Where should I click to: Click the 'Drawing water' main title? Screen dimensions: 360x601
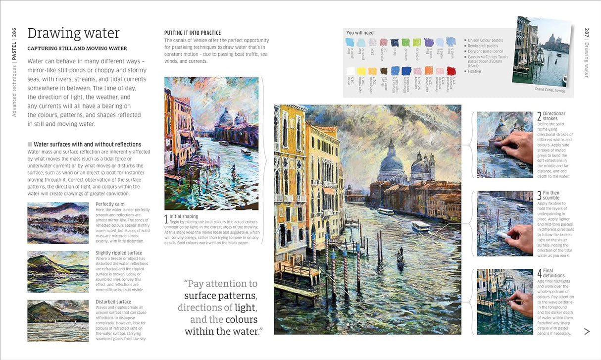coord(73,33)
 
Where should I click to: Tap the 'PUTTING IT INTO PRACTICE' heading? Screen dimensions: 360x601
coord(193,33)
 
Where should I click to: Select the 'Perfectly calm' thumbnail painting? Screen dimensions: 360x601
coord(58,223)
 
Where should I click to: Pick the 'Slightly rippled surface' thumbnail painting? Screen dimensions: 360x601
coord(58,271)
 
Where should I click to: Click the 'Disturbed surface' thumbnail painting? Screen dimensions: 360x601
coord(58,320)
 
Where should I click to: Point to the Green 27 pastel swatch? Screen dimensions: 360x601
coord(405,43)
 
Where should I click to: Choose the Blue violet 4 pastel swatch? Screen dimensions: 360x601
coord(428,43)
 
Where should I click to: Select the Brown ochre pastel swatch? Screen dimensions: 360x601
coord(383,71)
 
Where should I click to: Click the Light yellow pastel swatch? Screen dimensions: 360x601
coord(361,71)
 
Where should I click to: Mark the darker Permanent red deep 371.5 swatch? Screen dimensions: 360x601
coord(451,71)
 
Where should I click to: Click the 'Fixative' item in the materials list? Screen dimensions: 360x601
coord(474,71)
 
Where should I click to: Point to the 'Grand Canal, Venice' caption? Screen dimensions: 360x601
coord(550,90)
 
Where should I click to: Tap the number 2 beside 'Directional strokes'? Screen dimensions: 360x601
coord(539,116)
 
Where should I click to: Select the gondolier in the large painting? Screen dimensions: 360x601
coord(399,253)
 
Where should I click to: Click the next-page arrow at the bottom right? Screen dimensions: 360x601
coord(587,331)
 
